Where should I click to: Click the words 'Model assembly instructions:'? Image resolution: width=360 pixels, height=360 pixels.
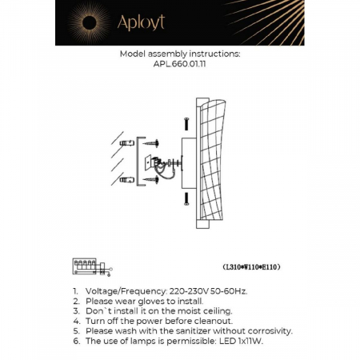179,55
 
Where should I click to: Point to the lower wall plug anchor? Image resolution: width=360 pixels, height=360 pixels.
126,179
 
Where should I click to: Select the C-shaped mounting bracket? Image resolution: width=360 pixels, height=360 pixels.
142,162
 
